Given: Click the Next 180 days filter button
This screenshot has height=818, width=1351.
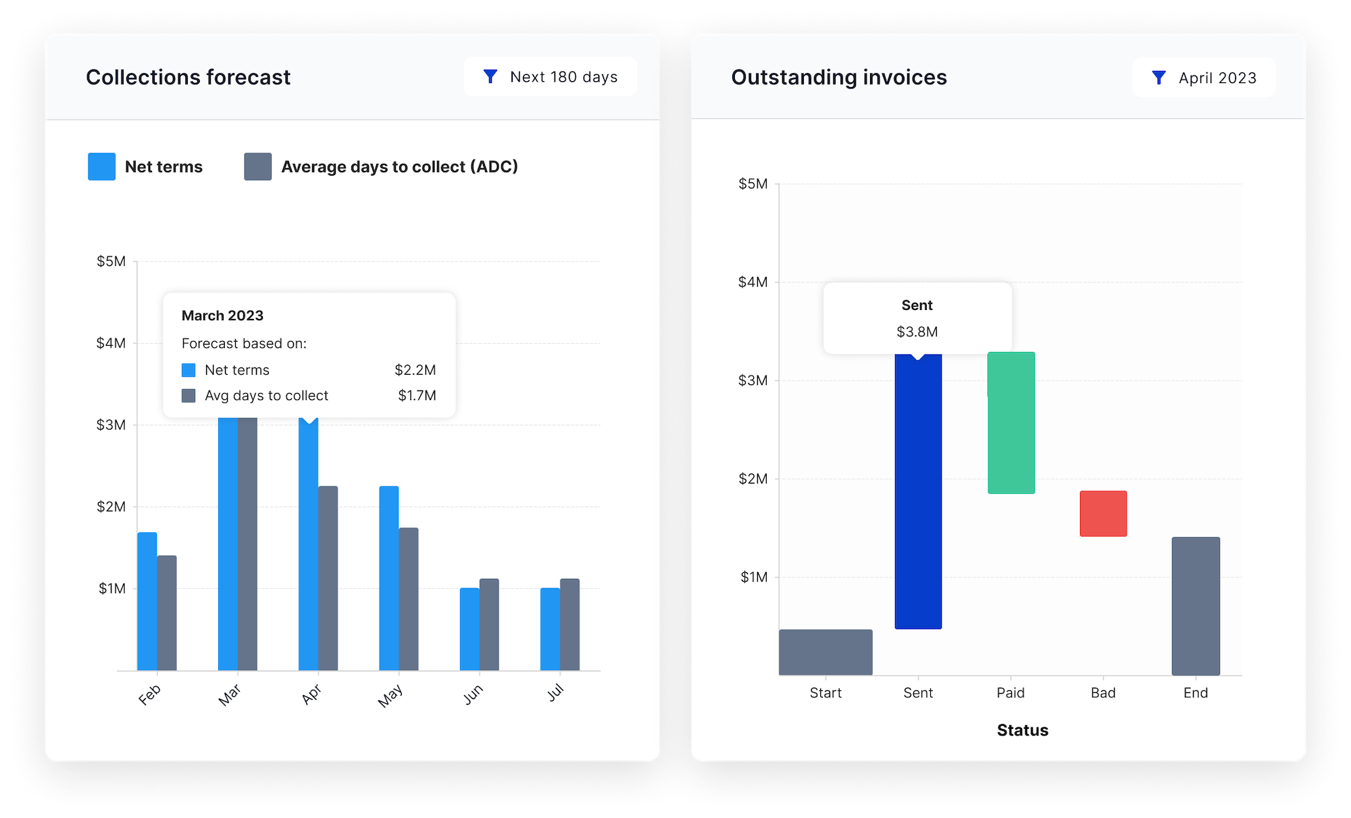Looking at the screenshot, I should pyautogui.click(x=551, y=77).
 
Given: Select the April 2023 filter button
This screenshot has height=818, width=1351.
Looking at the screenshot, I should pyautogui.click(x=1204, y=78).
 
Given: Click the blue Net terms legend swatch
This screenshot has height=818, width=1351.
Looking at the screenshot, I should pyautogui.click(x=101, y=167).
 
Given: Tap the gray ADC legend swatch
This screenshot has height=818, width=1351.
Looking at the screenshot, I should pyautogui.click(x=257, y=167).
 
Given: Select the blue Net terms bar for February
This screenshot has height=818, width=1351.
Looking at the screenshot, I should pyautogui.click(x=147, y=601).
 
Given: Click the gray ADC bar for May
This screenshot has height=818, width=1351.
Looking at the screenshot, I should pyautogui.click(x=409, y=598).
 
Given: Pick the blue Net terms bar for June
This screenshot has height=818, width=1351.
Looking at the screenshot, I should pyautogui.click(x=469, y=629).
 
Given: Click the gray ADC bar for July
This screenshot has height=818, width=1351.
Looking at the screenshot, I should pyautogui.click(x=570, y=624).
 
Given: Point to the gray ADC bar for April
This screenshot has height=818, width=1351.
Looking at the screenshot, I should pyautogui.click(x=328, y=578).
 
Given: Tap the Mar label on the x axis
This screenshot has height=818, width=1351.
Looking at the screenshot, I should pyautogui.click(x=230, y=694).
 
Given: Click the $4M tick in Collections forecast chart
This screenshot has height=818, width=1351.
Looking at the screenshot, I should pyautogui.click(x=111, y=343).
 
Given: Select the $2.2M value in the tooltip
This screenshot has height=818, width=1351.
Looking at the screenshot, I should pyautogui.click(x=415, y=370).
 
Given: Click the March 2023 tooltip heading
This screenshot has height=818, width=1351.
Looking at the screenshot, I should pyautogui.click(x=222, y=315).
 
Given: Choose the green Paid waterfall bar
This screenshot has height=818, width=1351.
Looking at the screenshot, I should pyautogui.click(x=1011, y=423).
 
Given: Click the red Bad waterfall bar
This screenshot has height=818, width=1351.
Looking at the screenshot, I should pyautogui.click(x=1103, y=513).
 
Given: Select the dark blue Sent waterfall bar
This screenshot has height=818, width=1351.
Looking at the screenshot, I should pyautogui.click(x=918, y=493).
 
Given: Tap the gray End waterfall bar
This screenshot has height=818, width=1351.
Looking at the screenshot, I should pyautogui.click(x=1196, y=606).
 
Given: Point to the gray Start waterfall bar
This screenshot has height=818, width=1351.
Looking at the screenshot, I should pyautogui.click(x=825, y=652).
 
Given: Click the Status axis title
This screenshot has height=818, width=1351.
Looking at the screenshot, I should pyautogui.click(x=1023, y=730).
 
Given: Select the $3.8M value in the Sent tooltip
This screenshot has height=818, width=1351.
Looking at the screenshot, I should pyautogui.click(x=917, y=332).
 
